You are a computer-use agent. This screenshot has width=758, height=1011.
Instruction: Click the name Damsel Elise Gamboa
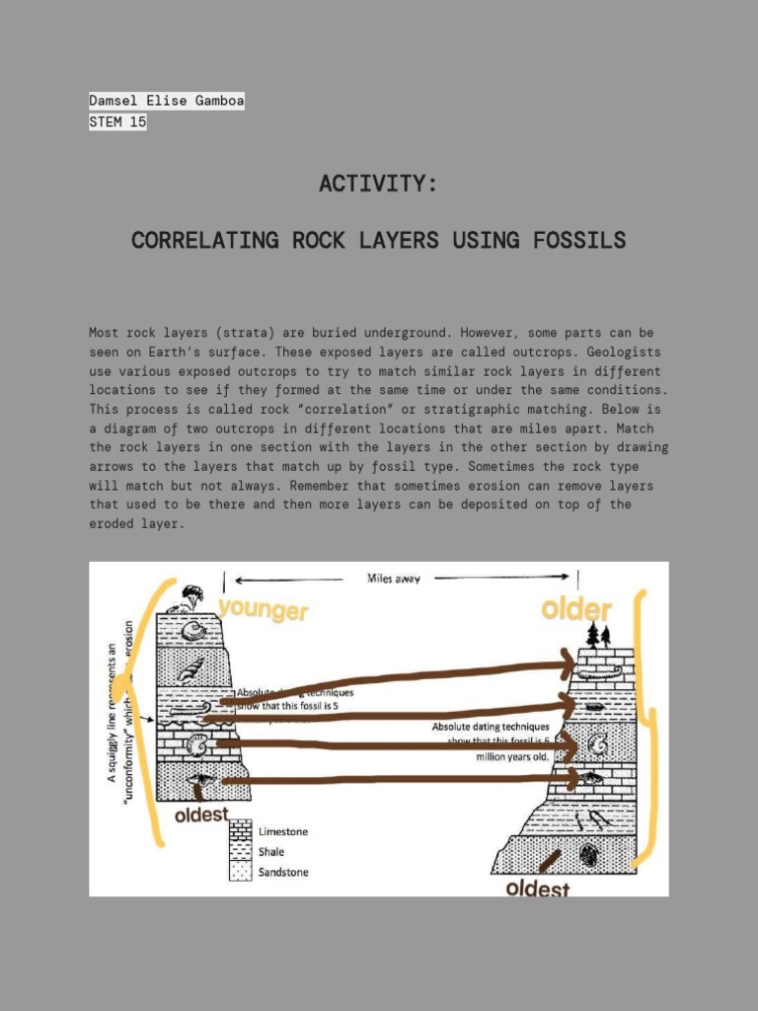coord(166,101)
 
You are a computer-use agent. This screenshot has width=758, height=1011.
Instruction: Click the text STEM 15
coord(117,122)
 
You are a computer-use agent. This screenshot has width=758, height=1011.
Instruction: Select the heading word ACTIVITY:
coord(378,184)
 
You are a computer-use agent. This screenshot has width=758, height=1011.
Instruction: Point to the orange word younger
coord(263,610)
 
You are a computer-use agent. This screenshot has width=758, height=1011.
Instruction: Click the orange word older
coord(576,610)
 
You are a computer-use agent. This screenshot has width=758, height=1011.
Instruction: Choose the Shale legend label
coord(271,852)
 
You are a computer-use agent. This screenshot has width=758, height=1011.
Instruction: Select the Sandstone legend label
coord(282,872)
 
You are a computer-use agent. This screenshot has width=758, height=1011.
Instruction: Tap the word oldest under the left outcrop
coord(201,816)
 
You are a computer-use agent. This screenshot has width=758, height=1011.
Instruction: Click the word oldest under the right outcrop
coord(538,889)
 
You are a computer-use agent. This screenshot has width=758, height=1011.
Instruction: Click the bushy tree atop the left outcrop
coord(191,594)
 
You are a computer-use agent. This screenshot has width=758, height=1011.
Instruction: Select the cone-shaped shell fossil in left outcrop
coord(188,674)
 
